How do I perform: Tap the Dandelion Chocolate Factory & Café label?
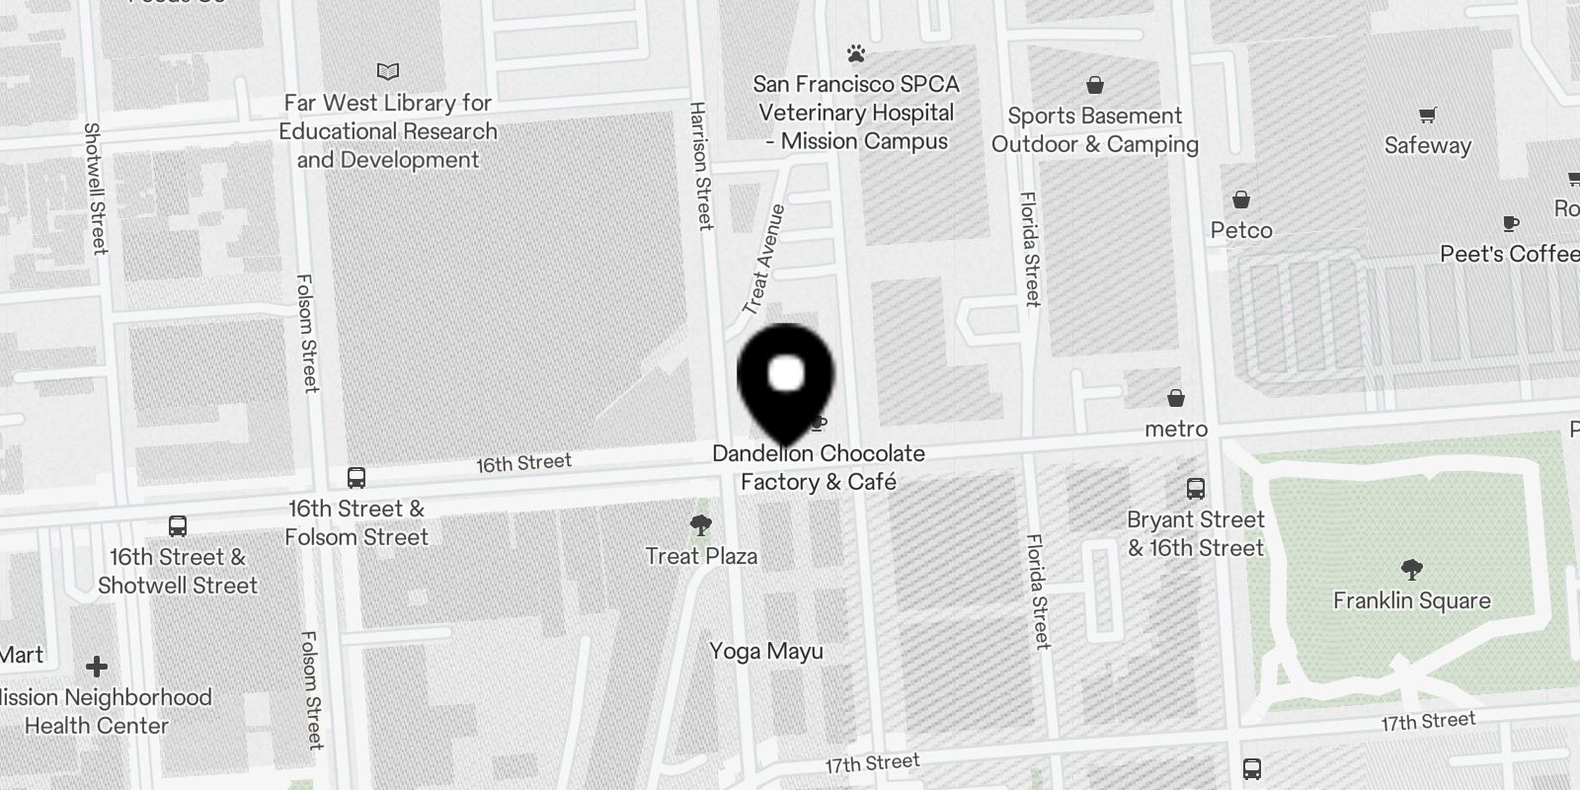coord(819,468)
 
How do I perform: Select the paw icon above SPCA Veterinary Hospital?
coord(856,53)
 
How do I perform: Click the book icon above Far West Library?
coord(388,71)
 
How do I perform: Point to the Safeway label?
coord(1427,145)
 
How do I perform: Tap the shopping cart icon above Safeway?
coord(1427,115)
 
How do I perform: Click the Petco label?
coord(1241,230)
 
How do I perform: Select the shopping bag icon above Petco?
coord(1241,199)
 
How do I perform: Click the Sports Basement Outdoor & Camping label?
coord(1094,130)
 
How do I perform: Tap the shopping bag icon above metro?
coord(1176,398)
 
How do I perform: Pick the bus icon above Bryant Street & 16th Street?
coord(1196,488)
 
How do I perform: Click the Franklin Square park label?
coord(1411,600)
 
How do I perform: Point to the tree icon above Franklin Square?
coord(1411,569)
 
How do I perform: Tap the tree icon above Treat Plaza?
coord(701,524)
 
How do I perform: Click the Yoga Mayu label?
coord(766,652)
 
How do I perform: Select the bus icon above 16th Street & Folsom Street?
coord(356,478)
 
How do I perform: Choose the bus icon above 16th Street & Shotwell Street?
coord(178,525)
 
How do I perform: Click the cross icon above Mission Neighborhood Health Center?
coord(97,667)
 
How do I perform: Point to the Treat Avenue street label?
coord(763,260)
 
